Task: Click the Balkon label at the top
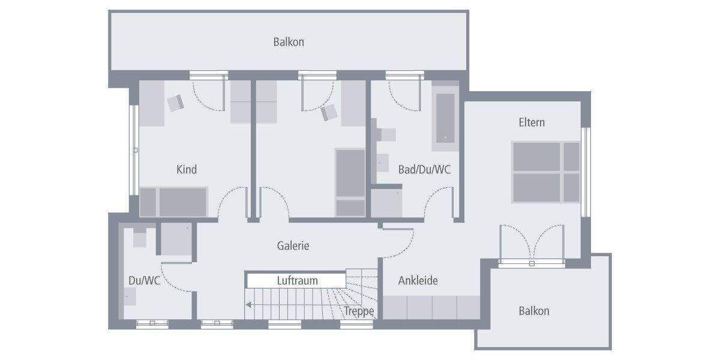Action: (x=289, y=42)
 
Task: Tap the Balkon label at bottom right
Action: (x=533, y=311)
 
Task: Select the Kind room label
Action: (x=187, y=170)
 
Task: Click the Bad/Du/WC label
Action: (x=424, y=170)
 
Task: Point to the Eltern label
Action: (x=532, y=122)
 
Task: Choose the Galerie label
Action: (x=293, y=245)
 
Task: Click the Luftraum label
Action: (x=297, y=280)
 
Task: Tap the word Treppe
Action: (x=359, y=311)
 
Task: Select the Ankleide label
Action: (x=418, y=280)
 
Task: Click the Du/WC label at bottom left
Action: (x=144, y=280)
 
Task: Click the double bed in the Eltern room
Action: (x=545, y=172)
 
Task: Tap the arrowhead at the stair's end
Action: (x=248, y=305)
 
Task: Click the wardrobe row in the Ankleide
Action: (x=431, y=308)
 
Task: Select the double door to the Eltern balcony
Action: (x=532, y=243)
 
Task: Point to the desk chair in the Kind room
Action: (x=176, y=103)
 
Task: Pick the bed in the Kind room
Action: (x=174, y=202)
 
